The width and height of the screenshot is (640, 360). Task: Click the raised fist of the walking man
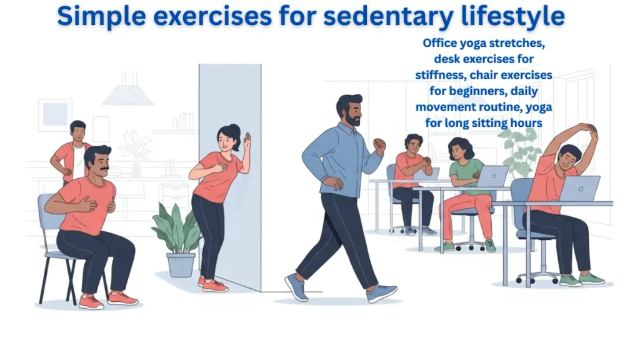(x=379, y=145)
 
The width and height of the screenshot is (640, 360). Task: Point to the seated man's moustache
(x=102, y=169)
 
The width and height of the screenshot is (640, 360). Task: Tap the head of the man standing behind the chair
(x=77, y=131)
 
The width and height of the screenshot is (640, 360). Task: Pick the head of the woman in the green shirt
(x=461, y=149)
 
